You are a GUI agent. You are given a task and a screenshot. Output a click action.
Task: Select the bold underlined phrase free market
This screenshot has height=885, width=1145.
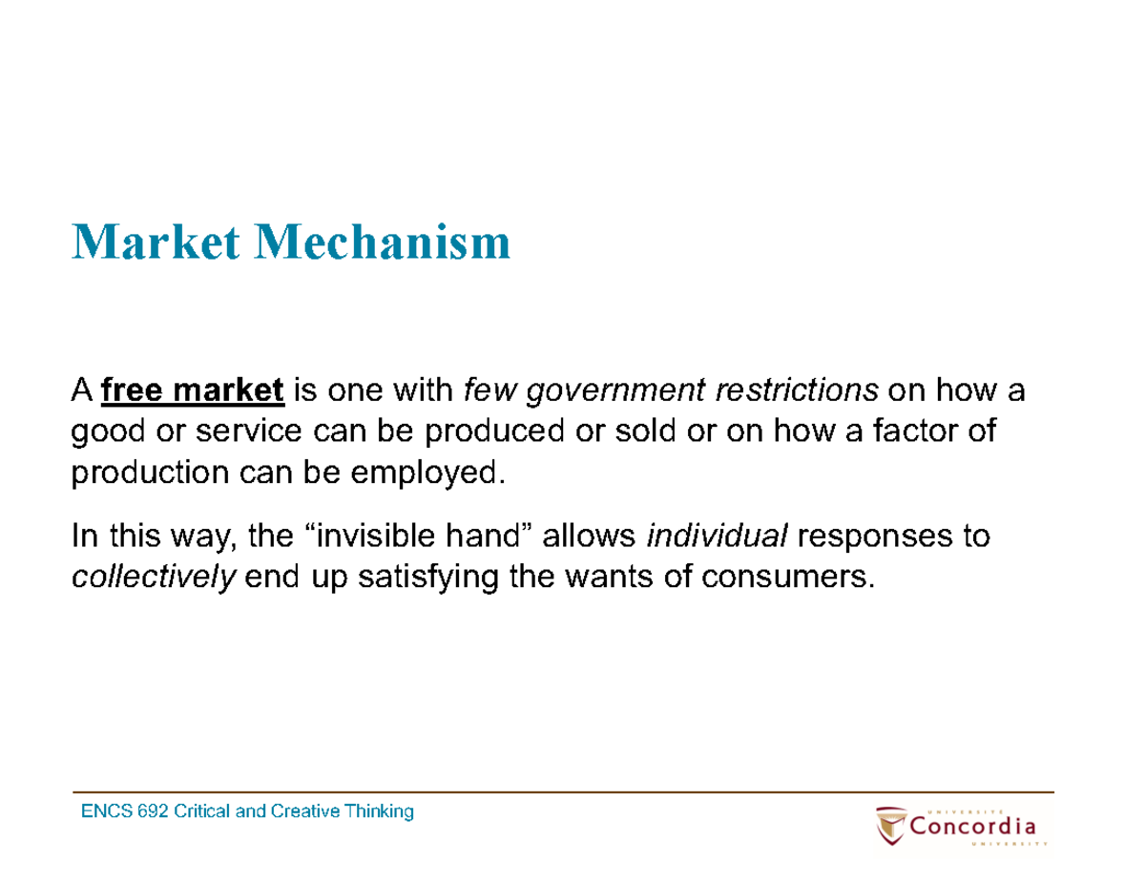point(193,390)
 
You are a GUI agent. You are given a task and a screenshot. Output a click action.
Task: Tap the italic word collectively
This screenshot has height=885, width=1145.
point(154,578)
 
